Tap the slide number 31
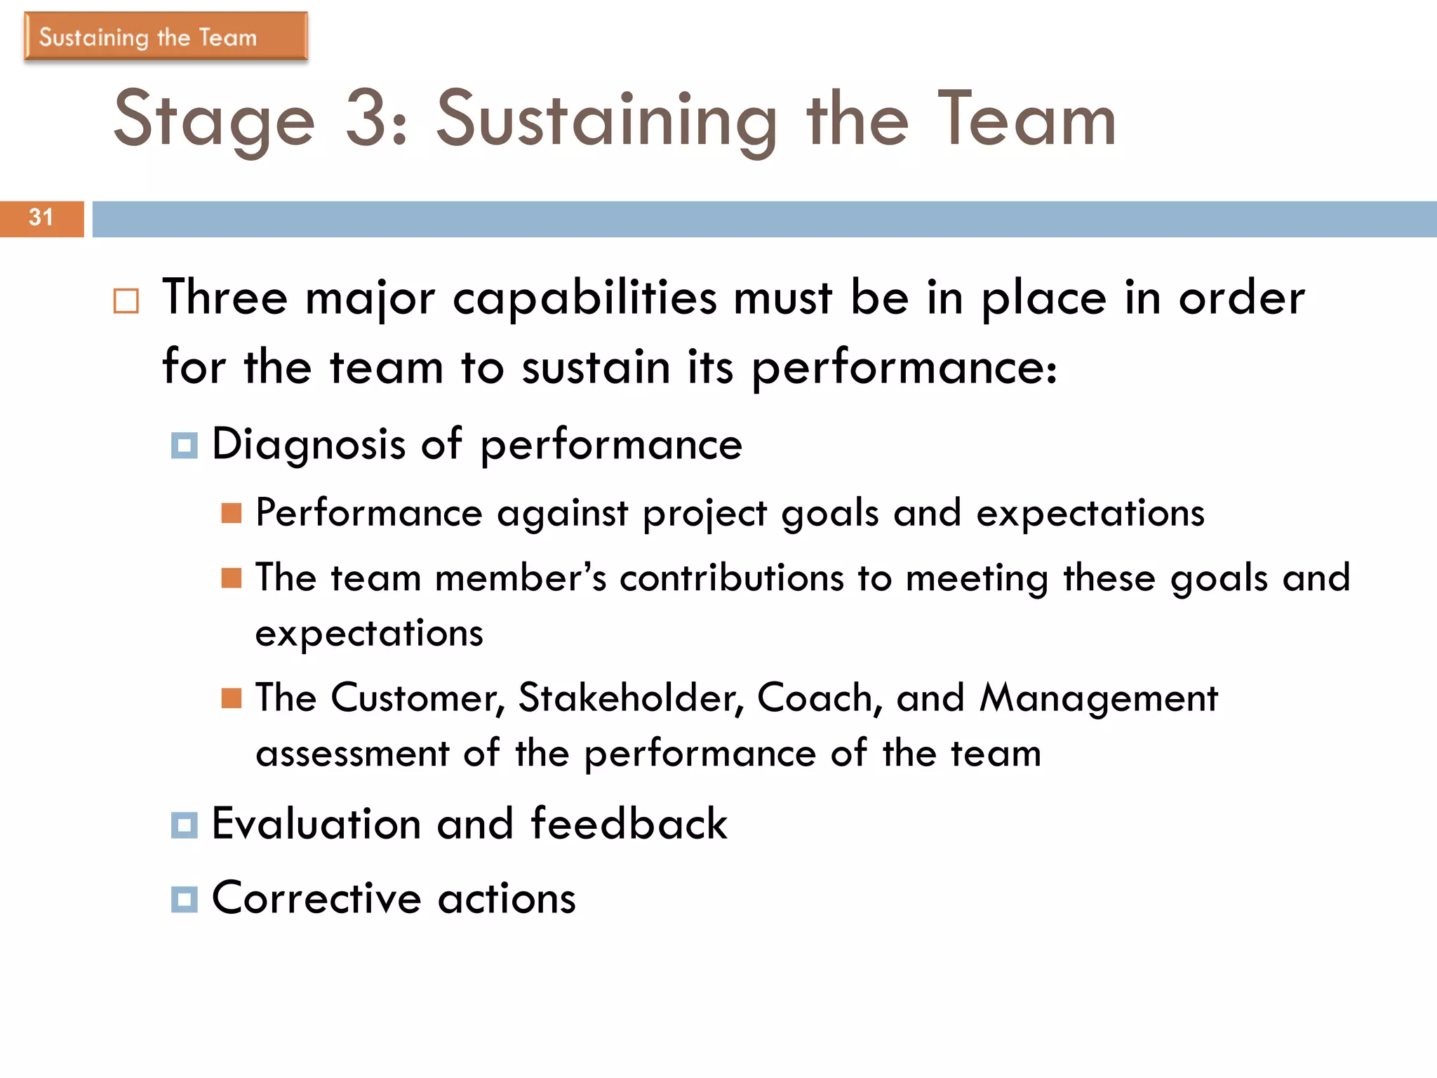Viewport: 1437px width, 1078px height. tap(41, 218)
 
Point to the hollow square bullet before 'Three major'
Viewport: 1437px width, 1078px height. tap(126, 301)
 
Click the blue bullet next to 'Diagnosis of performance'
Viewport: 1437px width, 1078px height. tap(185, 446)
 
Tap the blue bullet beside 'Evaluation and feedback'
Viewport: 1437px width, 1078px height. tap(185, 825)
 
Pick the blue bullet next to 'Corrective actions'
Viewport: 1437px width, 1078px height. tap(185, 899)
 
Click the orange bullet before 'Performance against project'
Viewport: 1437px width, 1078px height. tap(232, 514)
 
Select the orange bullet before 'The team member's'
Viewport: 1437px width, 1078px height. tap(232, 578)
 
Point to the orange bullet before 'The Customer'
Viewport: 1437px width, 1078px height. tap(232, 698)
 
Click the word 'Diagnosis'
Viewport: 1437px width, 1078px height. tap(309, 445)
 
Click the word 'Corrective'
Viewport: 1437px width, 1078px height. tap(316, 898)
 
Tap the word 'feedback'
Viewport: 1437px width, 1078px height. tap(629, 824)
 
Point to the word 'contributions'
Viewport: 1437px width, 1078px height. tap(731, 578)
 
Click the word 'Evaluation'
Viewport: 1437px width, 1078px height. tap(316, 824)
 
